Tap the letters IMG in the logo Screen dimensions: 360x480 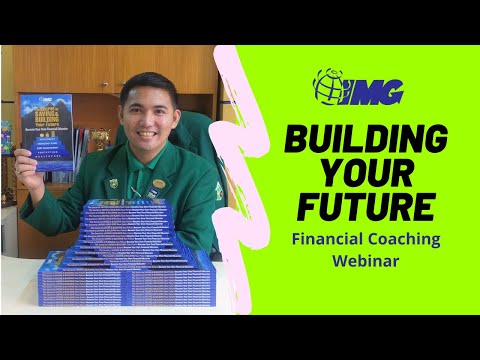click(375, 91)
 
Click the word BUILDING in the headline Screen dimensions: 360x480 click(366, 139)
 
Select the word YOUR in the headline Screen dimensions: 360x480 click(366, 173)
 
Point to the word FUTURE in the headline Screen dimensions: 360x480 click(366, 207)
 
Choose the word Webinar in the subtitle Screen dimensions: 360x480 click(366, 262)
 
